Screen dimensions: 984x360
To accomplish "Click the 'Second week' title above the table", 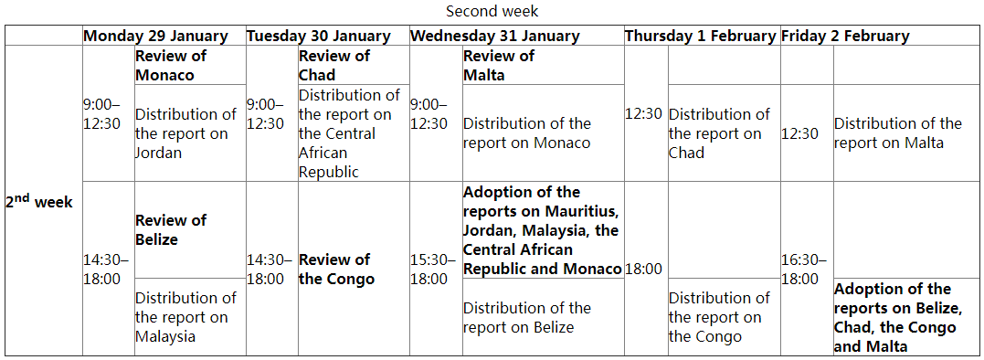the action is [x=492, y=11].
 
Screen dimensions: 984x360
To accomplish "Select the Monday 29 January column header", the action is [x=155, y=36].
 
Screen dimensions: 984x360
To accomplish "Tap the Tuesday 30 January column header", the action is [x=319, y=36].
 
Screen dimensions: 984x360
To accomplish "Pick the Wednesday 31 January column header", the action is [x=495, y=36].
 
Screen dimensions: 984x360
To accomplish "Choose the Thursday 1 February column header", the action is [x=701, y=36].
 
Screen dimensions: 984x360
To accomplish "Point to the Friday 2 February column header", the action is [x=845, y=36].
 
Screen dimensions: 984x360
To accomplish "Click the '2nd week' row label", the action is [x=39, y=201].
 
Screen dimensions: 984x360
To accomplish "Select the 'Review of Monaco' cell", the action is [x=172, y=65].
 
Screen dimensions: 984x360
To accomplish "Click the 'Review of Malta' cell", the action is [x=499, y=65].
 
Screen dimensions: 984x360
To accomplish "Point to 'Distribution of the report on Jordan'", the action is [x=185, y=133].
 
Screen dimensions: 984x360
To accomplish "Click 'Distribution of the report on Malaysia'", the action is [x=185, y=317].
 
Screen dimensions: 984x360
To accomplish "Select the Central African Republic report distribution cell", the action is [x=349, y=133].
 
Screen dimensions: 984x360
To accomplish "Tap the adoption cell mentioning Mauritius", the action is [x=543, y=230].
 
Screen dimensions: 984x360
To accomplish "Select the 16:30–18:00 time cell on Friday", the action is [x=804, y=269].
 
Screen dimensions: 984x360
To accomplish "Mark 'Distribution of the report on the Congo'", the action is [x=719, y=317].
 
